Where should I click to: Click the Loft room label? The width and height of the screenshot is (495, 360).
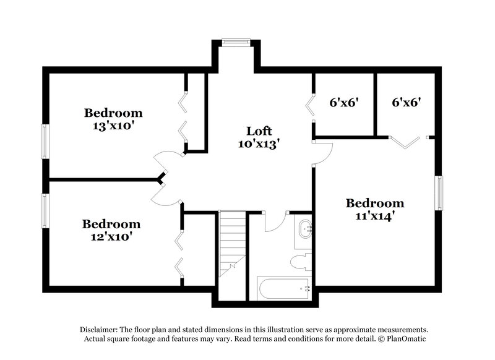tap(259, 131)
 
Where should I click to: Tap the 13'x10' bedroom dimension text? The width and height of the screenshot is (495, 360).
tap(112, 126)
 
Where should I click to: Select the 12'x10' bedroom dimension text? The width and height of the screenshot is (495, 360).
tap(111, 237)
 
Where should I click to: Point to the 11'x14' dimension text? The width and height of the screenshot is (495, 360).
tap(375, 216)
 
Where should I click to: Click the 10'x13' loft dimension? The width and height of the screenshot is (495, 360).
tap(259, 144)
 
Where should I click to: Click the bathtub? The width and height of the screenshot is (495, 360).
tap(284, 288)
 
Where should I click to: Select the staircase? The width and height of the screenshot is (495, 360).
tap(233, 256)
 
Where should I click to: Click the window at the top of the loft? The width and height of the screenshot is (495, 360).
tap(236, 43)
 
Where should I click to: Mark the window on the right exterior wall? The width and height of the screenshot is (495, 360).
tap(439, 193)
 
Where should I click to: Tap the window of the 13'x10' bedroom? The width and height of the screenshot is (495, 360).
tap(46, 142)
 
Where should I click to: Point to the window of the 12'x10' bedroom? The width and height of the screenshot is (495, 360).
tap(46, 211)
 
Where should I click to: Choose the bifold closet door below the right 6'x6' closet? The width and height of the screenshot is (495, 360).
tap(406, 142)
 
